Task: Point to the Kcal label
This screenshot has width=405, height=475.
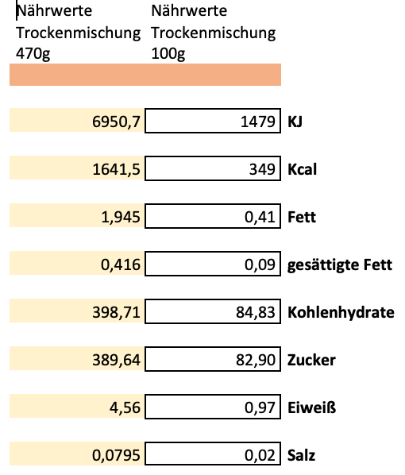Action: pos(302,170)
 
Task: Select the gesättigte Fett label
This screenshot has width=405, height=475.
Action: pos(340,265)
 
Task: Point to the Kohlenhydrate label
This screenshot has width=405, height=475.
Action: pos(341,313)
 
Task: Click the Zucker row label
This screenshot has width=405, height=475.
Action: pos(311,361)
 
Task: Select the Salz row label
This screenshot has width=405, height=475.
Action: pos(301,456)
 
